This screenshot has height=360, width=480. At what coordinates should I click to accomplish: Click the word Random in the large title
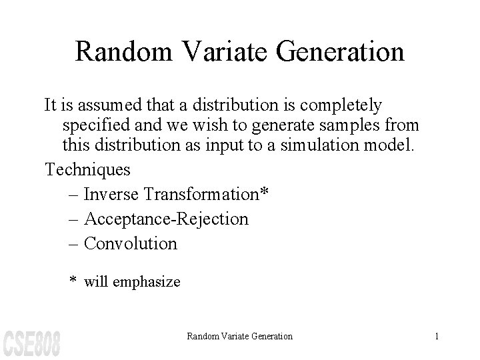click(x=117, y=51)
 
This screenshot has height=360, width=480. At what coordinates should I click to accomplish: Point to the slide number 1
click(x=437, y=337)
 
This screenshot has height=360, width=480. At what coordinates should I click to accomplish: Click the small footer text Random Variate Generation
click(x=239, y=337)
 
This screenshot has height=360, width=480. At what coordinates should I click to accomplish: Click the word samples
click(x=351, y=125)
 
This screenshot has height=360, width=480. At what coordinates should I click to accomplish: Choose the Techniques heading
click(x=87, y=169)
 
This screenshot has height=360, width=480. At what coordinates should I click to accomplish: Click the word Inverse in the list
click(x=113, y=194)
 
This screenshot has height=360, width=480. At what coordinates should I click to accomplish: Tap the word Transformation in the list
click(x=201, y=194)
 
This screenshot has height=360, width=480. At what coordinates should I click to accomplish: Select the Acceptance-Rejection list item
click(x=166, y=219)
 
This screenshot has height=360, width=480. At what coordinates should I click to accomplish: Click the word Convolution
click(x=132, y=243)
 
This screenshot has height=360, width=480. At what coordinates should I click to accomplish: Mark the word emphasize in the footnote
click(x=148, y=282)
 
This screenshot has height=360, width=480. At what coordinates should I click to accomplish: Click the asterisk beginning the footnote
click(x=74, y=281)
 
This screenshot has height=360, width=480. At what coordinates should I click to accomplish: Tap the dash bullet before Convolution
click(x=73, y=244)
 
